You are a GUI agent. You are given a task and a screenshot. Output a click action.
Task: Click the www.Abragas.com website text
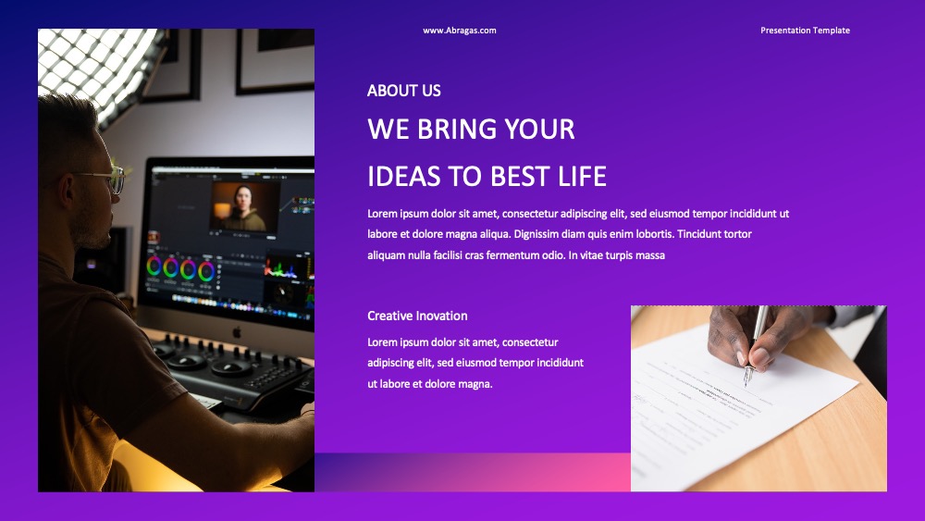click(460, 31)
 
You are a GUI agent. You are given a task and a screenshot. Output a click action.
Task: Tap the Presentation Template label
click(806, 31)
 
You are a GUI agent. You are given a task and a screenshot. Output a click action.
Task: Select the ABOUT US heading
click(404, 91)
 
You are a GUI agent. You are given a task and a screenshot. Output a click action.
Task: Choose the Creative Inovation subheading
click(418, 316)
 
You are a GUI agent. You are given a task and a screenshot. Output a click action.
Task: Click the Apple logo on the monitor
click(237, 332)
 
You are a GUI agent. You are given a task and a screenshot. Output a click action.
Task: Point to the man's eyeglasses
click(106, 179)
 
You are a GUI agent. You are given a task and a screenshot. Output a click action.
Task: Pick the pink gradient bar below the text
click(473, 472)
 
